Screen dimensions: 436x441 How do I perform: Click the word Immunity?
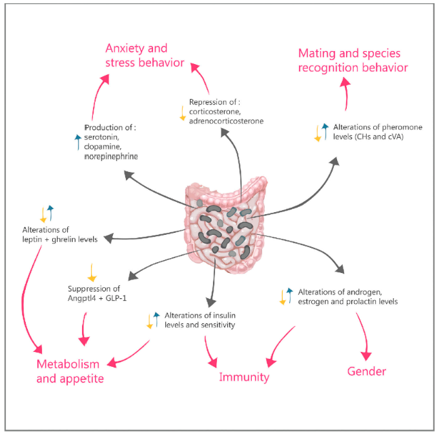(243, 377)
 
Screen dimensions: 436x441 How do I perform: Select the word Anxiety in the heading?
(127, 49)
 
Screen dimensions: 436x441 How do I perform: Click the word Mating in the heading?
(317, 53)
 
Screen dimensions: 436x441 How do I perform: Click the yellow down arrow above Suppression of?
(92, 270)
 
